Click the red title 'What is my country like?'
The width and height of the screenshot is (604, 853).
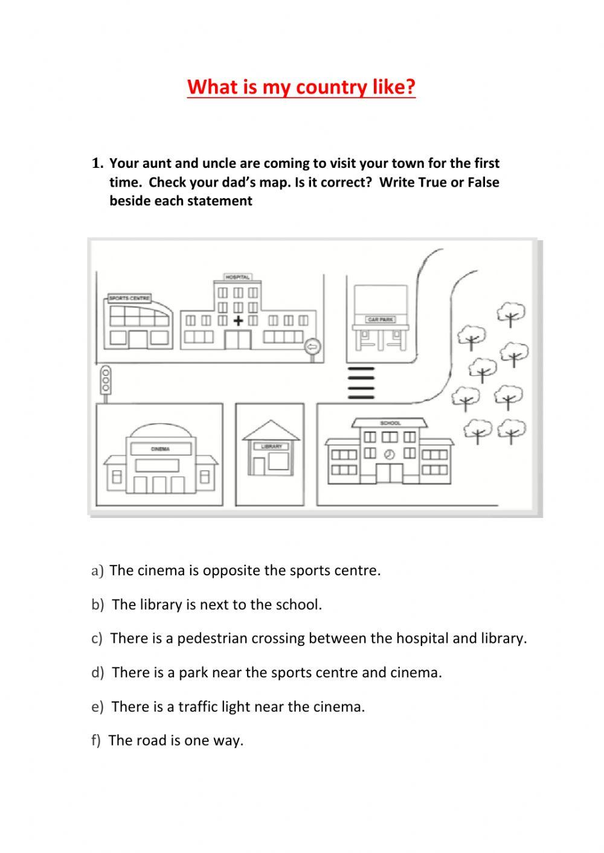coord(301,88)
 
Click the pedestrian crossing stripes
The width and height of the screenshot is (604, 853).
coord(361,383)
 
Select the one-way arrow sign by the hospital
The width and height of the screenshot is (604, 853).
coord(312,347)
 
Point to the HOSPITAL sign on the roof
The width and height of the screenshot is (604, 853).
coord(237,277)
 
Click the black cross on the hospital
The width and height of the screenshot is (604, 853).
coord(238,321)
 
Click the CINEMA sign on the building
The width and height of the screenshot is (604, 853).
coord(160,449)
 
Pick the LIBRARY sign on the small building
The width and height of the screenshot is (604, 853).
coord(271,446)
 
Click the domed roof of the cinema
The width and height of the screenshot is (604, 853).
coord(160,431)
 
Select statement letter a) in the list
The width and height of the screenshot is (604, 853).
coord(97,570)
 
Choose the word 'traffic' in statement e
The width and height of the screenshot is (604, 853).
coord(202,706)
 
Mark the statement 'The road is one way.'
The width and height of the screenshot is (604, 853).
coord(176,740)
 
